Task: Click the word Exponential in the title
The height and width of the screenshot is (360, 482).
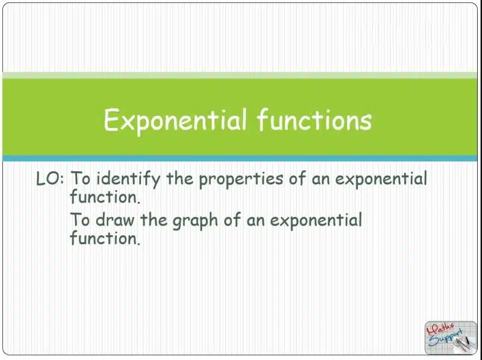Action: [175, 121]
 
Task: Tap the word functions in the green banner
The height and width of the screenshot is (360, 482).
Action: [314, 119]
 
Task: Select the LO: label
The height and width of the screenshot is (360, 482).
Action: [50, 178]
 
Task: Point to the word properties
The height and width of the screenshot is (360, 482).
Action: [240, 180]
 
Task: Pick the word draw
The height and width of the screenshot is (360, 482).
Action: [115, 219]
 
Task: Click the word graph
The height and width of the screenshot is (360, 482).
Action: [195, 221]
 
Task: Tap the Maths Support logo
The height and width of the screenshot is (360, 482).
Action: [451, 338]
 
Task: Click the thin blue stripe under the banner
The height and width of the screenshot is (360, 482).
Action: [240, 159]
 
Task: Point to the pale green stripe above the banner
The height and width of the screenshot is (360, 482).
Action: [240, 75]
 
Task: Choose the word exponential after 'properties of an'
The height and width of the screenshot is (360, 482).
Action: [381, 179]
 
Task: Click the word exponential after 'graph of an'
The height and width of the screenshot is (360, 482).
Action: [316, 220]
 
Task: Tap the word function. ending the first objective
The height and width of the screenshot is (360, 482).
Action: [105, 197]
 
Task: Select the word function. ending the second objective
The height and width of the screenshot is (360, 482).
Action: [105, 238]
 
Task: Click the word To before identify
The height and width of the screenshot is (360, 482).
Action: [80, 178]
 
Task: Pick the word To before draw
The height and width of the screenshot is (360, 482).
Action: [80, 219]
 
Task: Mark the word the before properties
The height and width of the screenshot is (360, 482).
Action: [180, 178]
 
